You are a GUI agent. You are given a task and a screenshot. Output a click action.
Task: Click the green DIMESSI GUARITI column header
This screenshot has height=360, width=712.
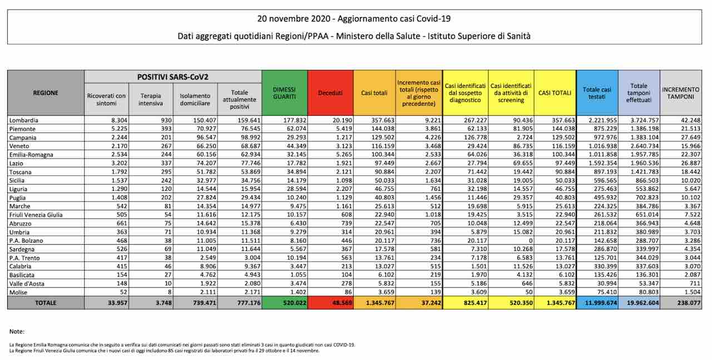(284, 92)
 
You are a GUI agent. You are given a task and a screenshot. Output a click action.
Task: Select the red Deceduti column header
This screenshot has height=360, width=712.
(330, 92)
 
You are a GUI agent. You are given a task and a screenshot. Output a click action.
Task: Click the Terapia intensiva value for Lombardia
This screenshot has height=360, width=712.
(164, 119)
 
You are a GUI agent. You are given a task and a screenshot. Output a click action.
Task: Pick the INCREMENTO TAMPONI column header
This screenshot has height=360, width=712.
(680, 92)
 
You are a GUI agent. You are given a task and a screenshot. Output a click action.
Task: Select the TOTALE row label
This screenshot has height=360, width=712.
(46, 303)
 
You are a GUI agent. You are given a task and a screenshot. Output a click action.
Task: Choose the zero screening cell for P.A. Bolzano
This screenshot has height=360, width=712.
(528, 240)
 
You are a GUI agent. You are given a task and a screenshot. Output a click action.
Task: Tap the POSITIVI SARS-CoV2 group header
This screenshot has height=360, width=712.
(173, 76)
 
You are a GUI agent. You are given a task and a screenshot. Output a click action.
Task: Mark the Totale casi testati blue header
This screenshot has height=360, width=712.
(597, 92)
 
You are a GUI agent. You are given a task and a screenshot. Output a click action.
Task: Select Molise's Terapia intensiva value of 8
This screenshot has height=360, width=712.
(169, 292)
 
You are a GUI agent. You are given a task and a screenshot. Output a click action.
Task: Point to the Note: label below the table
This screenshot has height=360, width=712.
(17, 332)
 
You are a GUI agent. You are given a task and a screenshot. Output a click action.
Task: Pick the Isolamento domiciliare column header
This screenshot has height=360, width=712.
(195, 99)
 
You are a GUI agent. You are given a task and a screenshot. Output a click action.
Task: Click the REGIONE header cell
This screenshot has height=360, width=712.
(46, 93)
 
